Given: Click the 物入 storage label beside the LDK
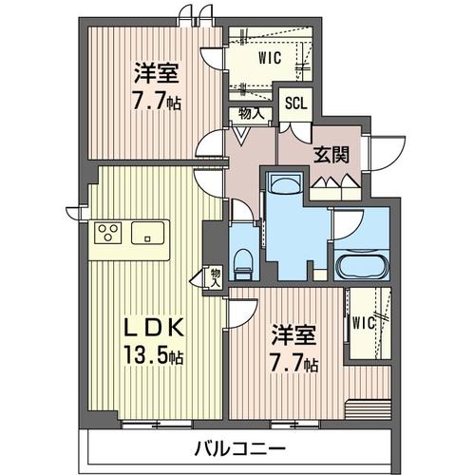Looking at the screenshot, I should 215,276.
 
